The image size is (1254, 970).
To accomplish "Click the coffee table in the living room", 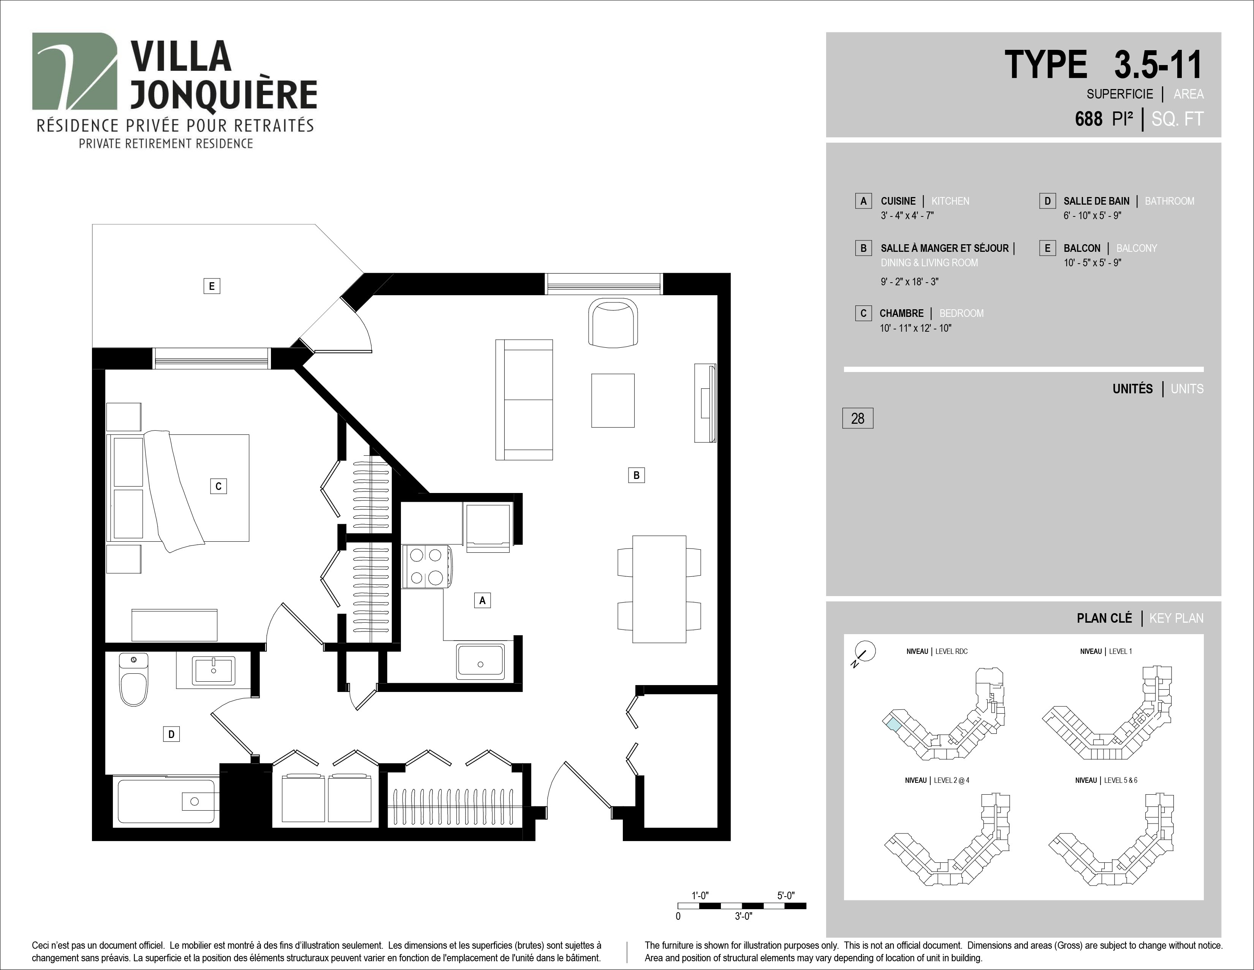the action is click(x=613, y=401).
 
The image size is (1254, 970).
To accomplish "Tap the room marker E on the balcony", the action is click(x=212, y=286).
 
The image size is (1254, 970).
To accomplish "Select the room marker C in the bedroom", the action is click(x=218, y=486).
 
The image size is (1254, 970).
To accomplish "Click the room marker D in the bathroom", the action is click(x=171, y=734).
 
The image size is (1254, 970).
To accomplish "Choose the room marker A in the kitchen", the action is click(x=482, y=601).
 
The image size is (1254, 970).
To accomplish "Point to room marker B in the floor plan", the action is click(x=636, y=475).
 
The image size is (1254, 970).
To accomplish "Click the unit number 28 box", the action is click(x=858, y=418).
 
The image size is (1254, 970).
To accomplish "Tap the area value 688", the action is click(x=1089, y=119).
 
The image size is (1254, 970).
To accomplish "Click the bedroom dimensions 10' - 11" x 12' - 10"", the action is click(x=916, y=328).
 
